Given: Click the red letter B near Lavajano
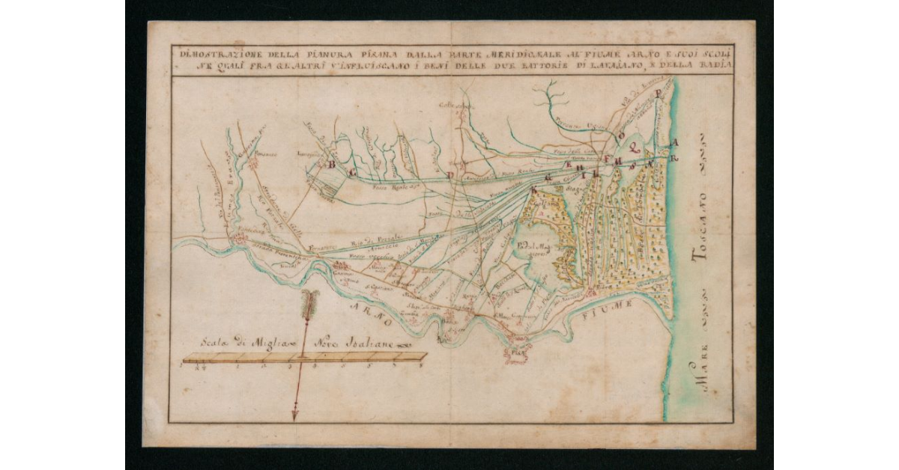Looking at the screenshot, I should [x=329, y=163].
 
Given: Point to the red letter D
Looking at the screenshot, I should [x=450, y=175].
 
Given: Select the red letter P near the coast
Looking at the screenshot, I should [x=659, y=94].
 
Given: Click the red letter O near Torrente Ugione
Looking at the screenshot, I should [x=621, y=135].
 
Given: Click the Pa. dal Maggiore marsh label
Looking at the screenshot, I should [x=532, y=249].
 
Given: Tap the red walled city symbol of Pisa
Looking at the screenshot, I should [x=517, y=348].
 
